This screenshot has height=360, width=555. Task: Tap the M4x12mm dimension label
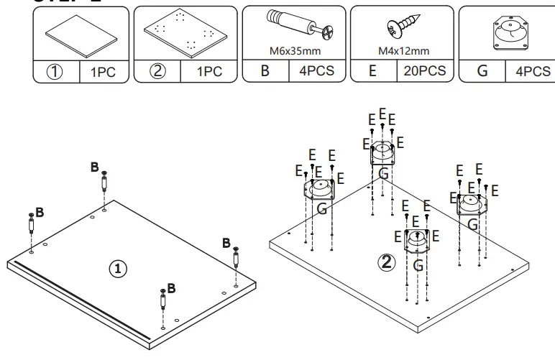click(x=403, y=51)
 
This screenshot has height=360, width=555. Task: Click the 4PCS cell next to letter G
click(x=533, y=71)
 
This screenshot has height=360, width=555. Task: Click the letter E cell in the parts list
click(x=373, y=71)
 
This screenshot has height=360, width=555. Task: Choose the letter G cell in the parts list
click(x=481, y=71)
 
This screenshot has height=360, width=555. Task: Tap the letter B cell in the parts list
click(x=265, y=71)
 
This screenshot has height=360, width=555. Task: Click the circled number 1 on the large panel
click(x=117, y=269)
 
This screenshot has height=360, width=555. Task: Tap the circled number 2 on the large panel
click(x=387, y=262)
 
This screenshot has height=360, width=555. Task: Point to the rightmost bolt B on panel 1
click(x=235, y=257)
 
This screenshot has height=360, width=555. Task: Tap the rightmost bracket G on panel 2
click(x=472, y=205)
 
